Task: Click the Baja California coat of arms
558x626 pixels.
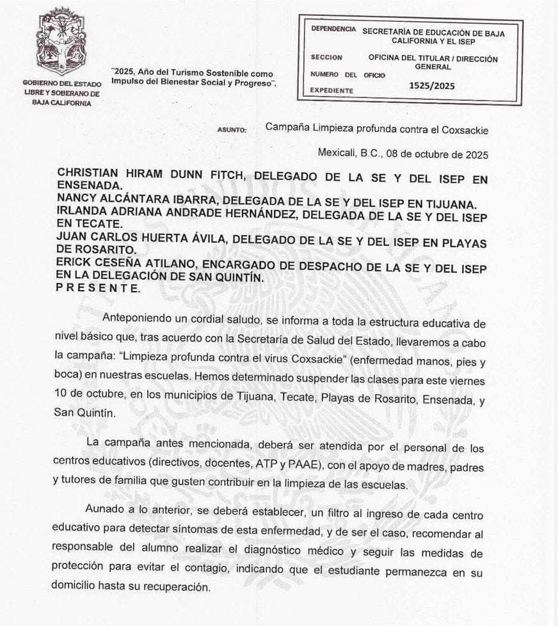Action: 61,42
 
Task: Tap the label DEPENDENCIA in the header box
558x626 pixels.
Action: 333,29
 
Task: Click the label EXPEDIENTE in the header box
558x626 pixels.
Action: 331,91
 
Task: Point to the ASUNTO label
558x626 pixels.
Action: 232,130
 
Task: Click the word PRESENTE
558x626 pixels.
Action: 98,288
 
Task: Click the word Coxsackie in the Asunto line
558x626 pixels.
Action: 465,130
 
